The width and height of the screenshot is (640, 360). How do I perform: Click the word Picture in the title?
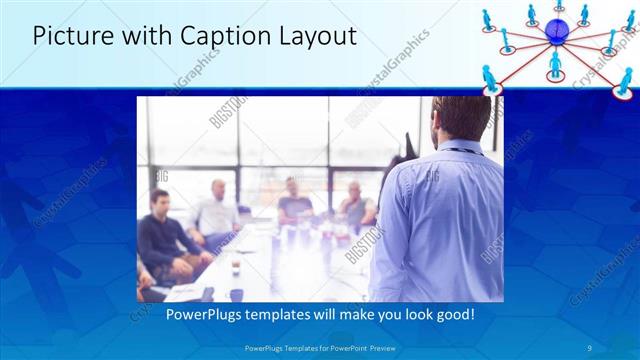(71, 37)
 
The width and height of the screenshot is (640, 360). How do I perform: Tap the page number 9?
(591, 348)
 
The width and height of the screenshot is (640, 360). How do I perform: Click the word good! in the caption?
(452, 314)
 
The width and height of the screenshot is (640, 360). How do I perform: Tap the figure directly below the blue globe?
(555, 64)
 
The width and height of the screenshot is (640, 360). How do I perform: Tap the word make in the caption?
(343, 314)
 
